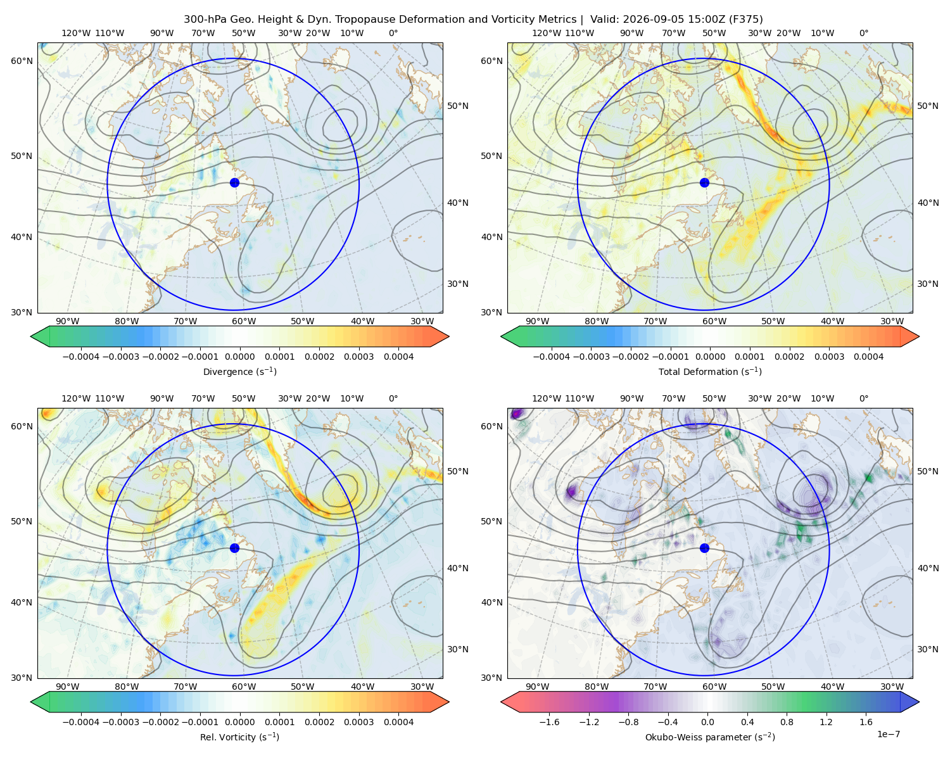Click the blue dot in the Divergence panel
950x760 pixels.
point(234,183)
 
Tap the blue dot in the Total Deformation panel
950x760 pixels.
point(704,183)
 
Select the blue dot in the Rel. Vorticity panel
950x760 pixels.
point(234,548)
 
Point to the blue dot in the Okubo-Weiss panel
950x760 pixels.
point(704,548)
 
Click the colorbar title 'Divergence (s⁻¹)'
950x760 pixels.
point(239,371)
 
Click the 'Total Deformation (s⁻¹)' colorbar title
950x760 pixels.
point(710,371)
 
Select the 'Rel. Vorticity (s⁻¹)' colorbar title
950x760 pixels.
point(239,737)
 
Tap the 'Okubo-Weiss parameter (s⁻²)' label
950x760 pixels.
point(710,737)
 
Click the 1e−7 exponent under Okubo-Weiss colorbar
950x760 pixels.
point(888,734)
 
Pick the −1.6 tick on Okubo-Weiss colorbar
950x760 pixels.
point(549,722)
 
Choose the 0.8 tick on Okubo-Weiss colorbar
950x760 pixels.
point(787,722)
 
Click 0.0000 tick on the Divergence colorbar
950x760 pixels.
point(239,357)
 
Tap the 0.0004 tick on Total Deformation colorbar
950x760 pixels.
point(868,357)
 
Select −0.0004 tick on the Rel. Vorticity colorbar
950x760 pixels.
point(81,722)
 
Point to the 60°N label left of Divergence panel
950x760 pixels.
point(22,61)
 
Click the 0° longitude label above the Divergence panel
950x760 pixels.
point(393,33)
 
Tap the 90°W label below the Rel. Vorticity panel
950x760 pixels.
point(68,687)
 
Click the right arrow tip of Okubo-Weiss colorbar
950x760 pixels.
point(919,702)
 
